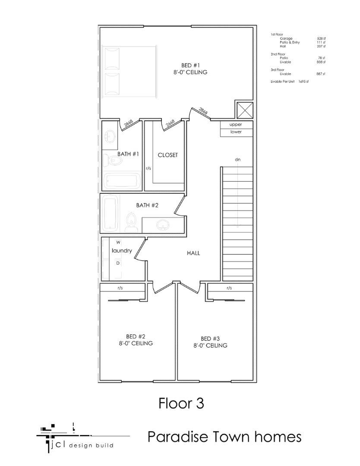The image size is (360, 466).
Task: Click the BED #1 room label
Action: point(187,65)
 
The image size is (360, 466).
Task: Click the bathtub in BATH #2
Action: point(111,213)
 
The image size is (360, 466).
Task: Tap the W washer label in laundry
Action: point(118,242)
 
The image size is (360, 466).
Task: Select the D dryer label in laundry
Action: point(117,263)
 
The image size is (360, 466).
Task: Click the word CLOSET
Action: point(167,155)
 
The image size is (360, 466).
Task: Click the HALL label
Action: point(193,253)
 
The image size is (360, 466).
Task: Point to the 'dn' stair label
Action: point(237,160)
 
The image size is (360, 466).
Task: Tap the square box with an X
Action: point(244,110)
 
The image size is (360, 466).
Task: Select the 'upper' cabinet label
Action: point(236,124)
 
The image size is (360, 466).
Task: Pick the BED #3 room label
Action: point(210,339)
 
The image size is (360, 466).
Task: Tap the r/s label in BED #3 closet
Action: point(229,288)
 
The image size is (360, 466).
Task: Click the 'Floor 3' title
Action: point(181,403)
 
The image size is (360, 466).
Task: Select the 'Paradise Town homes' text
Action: point(224,437)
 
